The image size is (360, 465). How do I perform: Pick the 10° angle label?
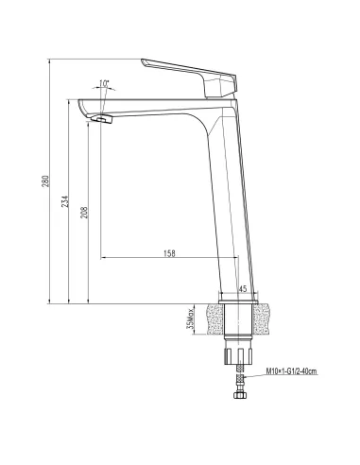pyautogui.click(x=103, y=83)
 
